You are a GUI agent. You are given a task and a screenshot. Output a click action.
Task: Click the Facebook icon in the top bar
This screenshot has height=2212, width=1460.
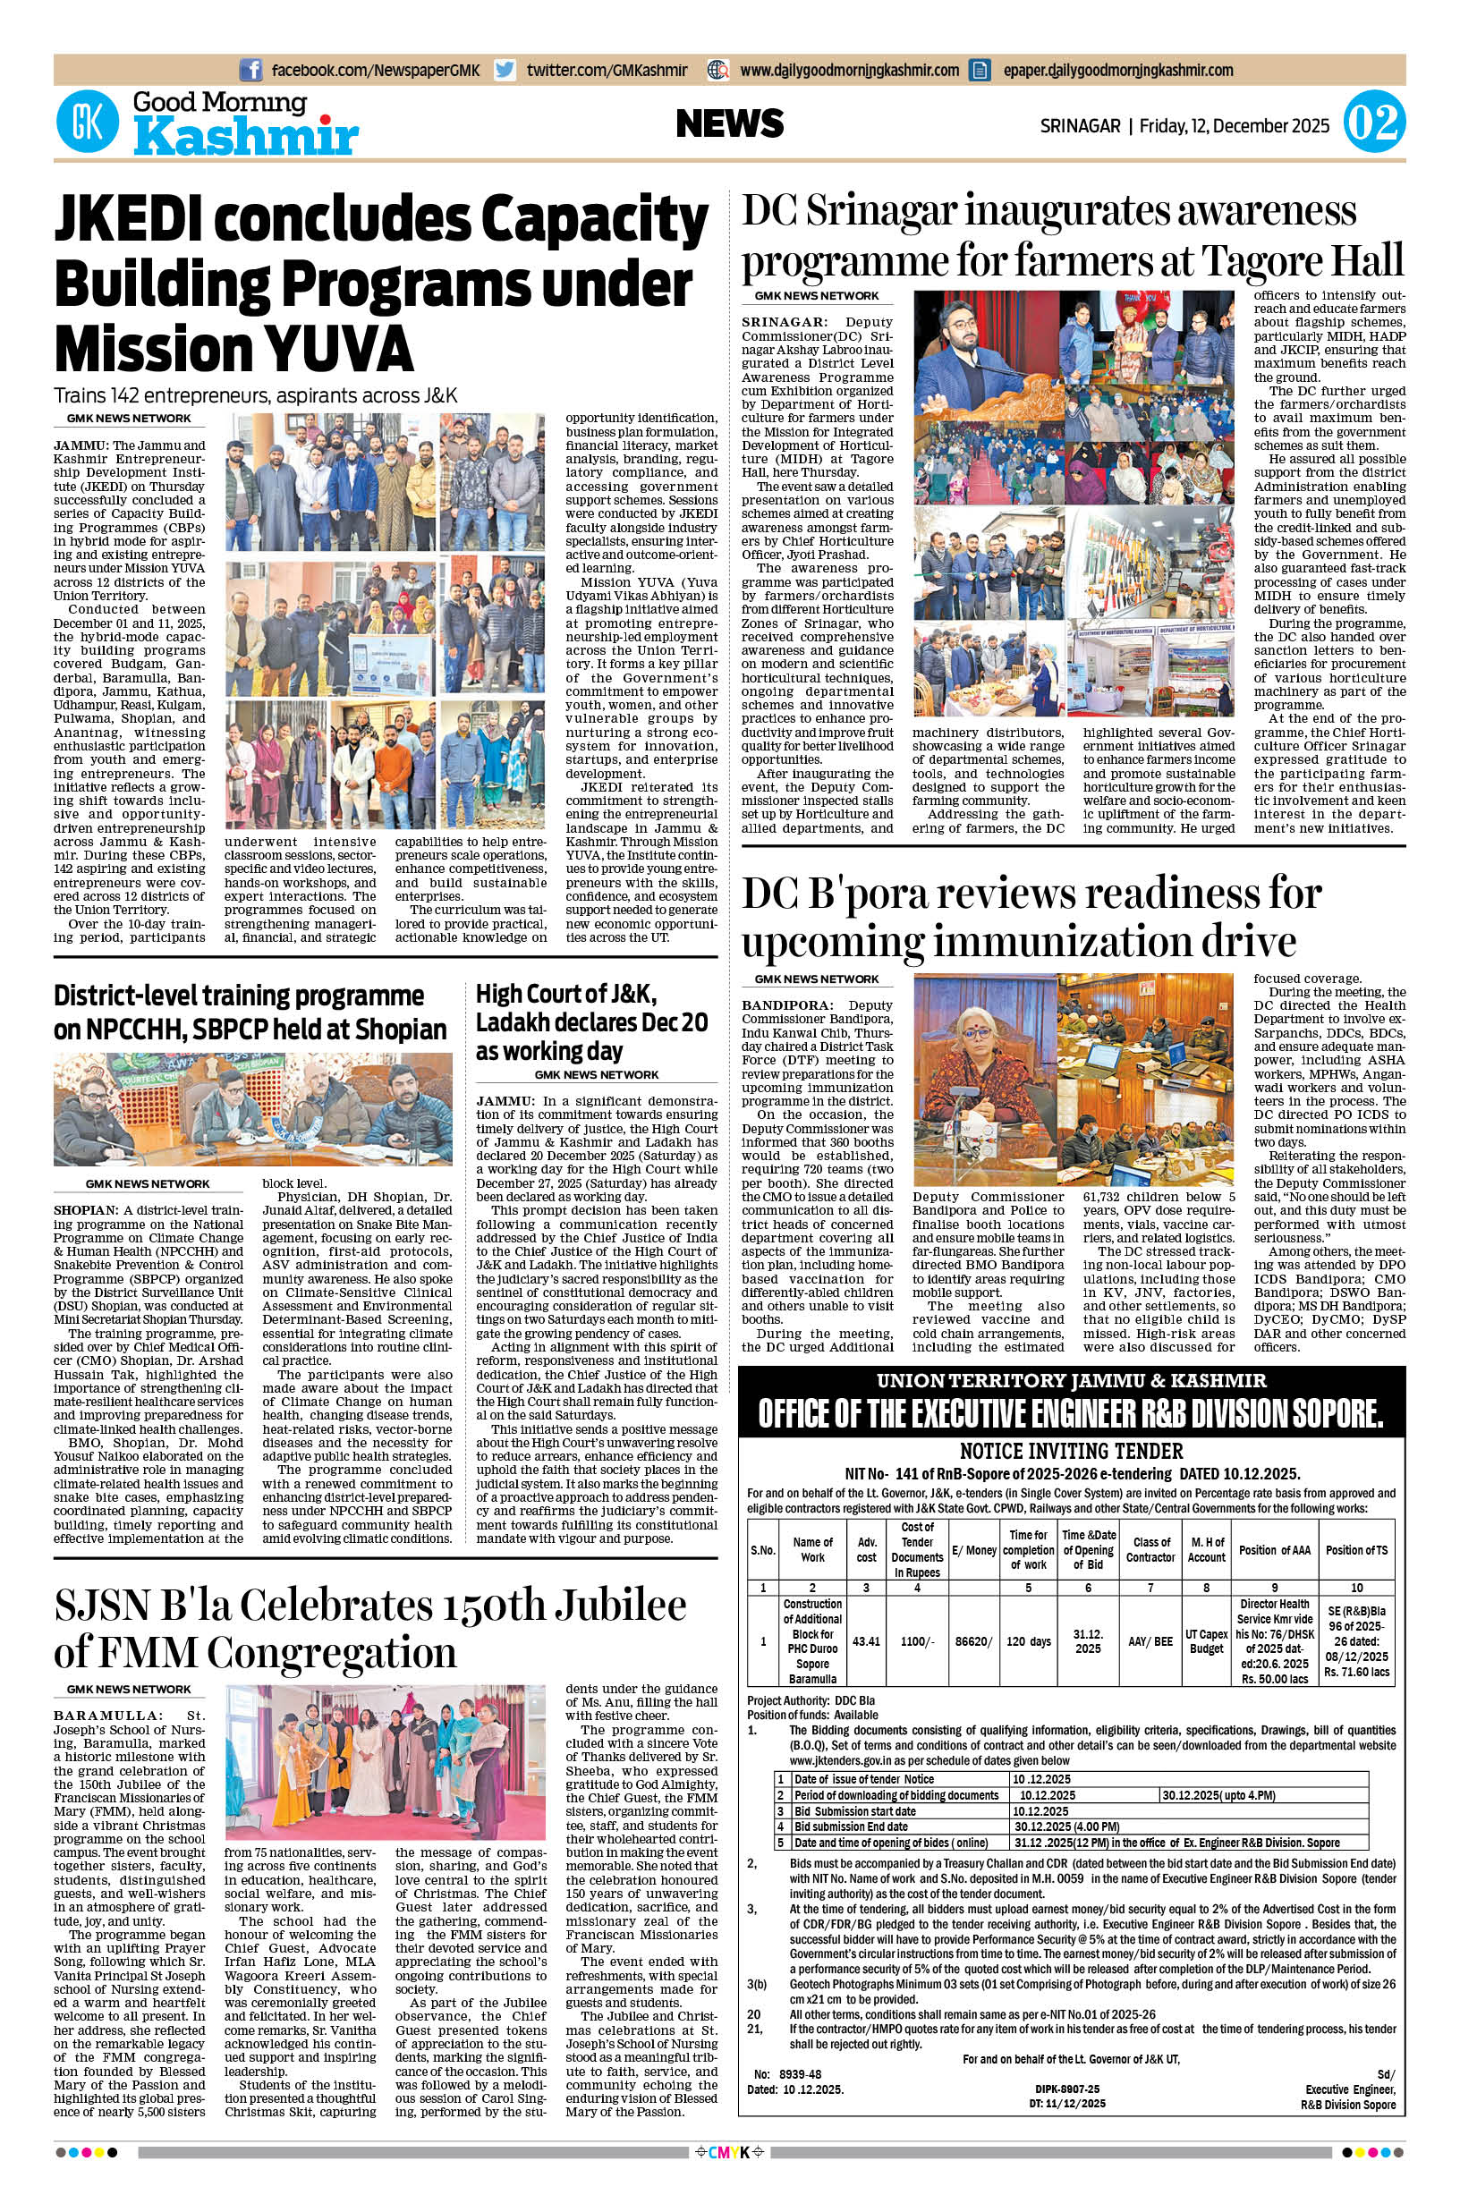pos(250,70)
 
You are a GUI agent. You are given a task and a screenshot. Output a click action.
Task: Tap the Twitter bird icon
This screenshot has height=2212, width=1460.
pos(505,70)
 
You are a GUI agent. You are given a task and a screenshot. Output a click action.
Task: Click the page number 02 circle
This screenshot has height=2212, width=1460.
pos(1373,124)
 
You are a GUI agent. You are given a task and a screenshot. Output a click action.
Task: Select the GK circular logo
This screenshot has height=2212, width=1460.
pos(88,124)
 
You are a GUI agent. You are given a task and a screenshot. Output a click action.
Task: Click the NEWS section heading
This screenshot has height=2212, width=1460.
pos(730,123)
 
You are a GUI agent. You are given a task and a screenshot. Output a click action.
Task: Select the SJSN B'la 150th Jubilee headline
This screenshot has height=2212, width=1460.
pos(369,1629)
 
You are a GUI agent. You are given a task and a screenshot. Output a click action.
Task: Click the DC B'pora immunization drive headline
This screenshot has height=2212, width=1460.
pos(1031,917)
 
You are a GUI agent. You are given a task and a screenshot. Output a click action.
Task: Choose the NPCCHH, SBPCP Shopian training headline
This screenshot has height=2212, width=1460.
pos(250,1012)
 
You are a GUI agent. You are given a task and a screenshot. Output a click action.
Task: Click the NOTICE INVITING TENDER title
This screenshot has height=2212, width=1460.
pos(1071,1451)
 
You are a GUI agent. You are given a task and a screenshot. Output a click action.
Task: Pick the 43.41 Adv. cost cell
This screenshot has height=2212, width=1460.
pos(866,1641)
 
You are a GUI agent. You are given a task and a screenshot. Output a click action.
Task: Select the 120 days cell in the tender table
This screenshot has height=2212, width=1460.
pos(1028,1641)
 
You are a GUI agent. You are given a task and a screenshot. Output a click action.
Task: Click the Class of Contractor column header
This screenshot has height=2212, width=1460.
pos(1150,1549)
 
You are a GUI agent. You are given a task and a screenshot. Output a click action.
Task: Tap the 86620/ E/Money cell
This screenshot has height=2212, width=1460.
pos(974,1641)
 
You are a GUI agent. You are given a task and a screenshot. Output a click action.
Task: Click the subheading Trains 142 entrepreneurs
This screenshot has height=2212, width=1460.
pos(255,394)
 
